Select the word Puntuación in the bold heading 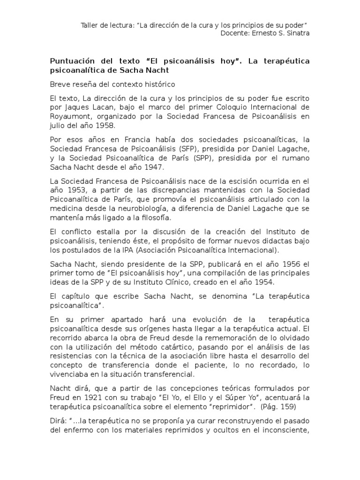coord(73,61)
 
